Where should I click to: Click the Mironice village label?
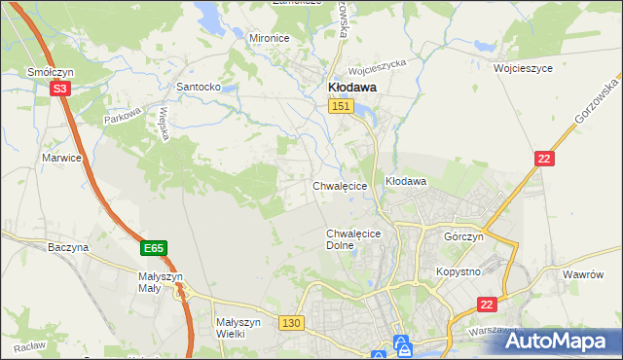270,38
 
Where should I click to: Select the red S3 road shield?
60,89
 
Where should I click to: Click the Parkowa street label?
124,115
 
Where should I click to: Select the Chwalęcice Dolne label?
352,239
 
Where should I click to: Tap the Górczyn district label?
463,237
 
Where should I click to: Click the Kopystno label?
458,271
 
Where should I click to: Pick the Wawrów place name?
585,274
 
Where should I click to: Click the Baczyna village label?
68,247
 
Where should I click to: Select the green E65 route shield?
153,249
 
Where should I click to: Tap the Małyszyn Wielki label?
238,328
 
